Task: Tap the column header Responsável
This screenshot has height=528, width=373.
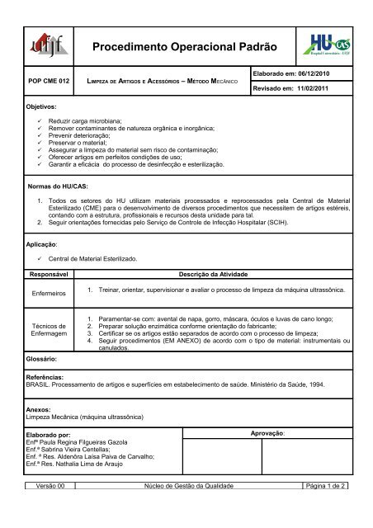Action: click(50, 272)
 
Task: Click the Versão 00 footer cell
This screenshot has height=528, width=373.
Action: click(50, 512)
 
